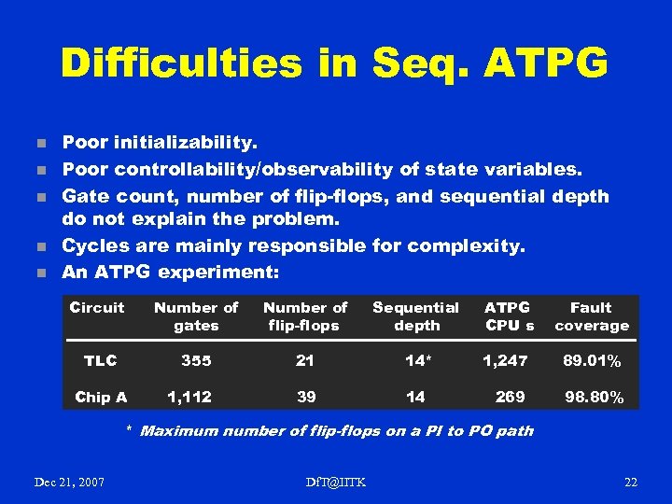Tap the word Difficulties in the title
(x=181, y=63)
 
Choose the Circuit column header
(x=97, y=307)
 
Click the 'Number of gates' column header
(x=196, y=316)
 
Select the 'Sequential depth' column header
(x=416, y=316)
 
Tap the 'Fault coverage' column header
(x=591, y=316)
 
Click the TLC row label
(x=100, y=360)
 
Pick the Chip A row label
(x=101, y=398)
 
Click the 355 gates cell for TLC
(x=196, y=360)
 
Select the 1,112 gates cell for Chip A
(x=189, y=398)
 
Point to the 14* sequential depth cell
(x=416, y=360)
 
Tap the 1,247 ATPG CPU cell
(x=505, y=360)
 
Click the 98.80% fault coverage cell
(x=594, y=399)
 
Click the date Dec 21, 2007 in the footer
(x=69, y=482)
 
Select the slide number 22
(x=630, y=482)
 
